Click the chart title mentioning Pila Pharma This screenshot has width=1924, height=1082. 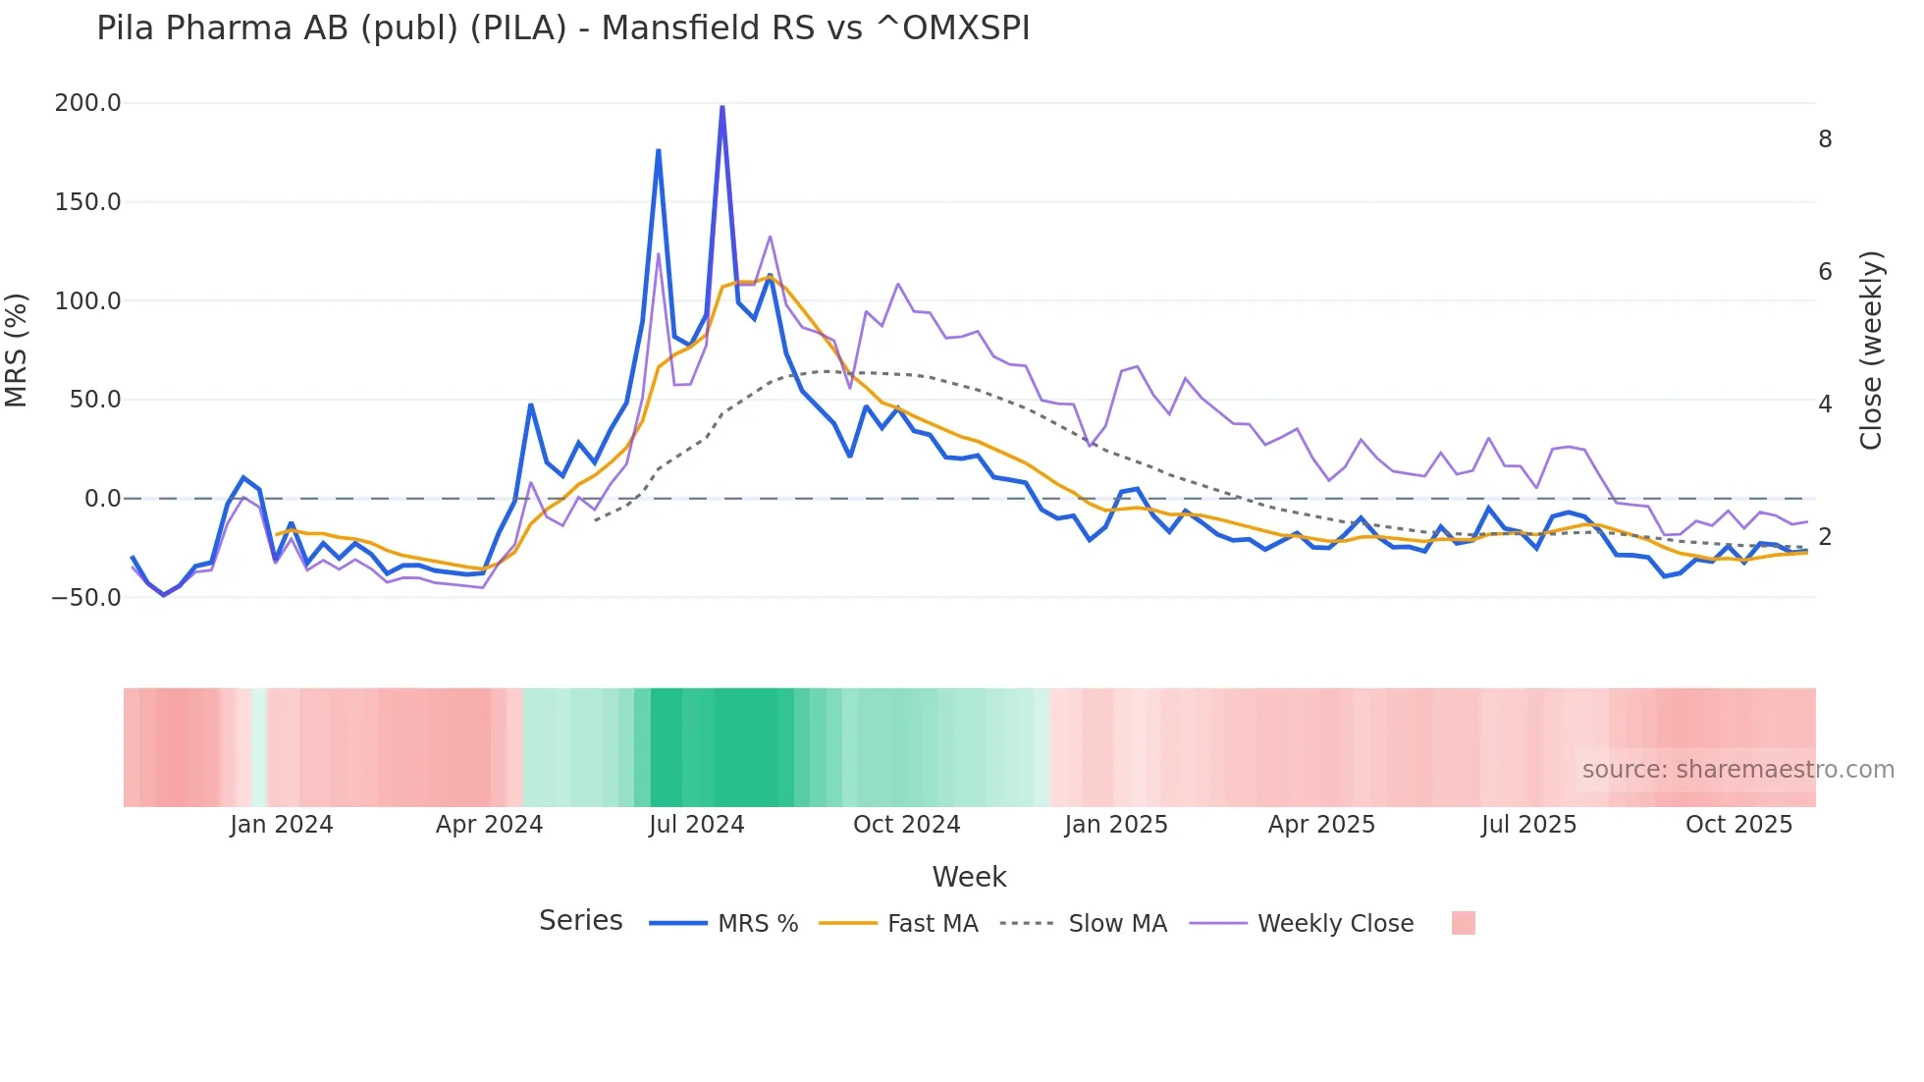point(562,28)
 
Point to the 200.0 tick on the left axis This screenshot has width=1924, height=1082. point(87,103)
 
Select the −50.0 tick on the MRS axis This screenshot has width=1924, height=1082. point(85,597)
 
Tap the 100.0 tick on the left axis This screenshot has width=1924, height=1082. point(87,300)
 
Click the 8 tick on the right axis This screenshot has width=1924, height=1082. point(1825,139)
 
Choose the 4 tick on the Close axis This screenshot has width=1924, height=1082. point(1825,404)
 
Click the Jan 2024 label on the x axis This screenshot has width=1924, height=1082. point(281,824)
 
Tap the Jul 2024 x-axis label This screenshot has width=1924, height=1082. point(696,824)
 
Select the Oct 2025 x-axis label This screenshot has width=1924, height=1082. point(1738,824)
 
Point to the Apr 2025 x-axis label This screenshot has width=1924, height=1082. point(1321,824)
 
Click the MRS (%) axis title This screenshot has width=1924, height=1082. point(17,350)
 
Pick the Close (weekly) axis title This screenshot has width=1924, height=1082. point(1871,350)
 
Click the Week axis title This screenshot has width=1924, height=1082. point(969,877)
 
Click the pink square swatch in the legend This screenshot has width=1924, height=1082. point(1463,923)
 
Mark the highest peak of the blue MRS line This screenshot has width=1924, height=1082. point(722,106)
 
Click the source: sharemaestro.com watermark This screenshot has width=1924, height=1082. point(1737,769)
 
